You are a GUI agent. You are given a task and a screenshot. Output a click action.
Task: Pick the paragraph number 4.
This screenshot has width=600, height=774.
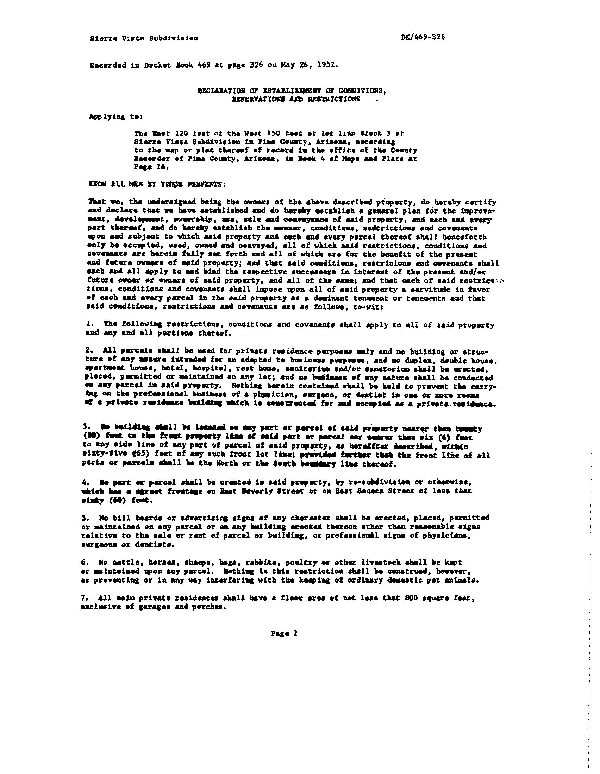(88, 482)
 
